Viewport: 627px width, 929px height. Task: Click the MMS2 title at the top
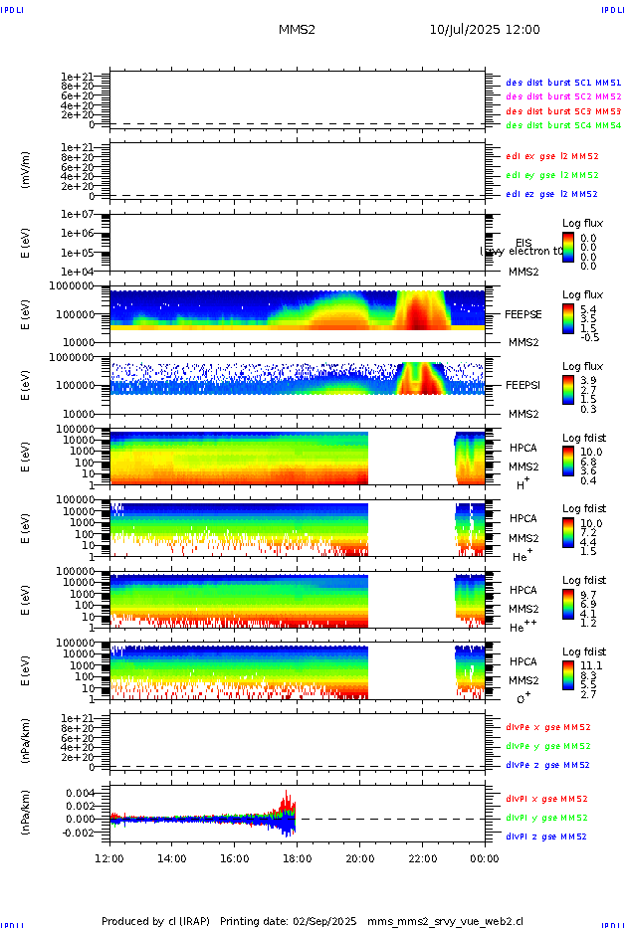[x=297, y=30]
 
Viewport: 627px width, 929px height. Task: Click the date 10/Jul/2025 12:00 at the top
[x=485, y=30]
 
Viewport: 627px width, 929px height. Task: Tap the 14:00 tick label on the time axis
[x=172, y=857]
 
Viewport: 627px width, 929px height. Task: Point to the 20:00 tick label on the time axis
[x=359, y=857]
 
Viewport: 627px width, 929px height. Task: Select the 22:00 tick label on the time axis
[x=422, y=857]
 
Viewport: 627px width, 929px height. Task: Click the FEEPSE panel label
[x=523, y=313]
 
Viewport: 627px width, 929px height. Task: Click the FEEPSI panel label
[x=523, y=384]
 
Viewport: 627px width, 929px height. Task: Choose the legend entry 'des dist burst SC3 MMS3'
[x=563, y=111]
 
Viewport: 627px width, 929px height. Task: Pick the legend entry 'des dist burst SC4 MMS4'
[x=563, y=126]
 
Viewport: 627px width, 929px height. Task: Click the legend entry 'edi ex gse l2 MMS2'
[x=552, y=156]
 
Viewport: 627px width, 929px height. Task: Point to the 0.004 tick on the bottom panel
[x=81, y=793]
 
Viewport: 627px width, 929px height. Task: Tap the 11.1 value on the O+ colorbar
[x=590, y=665]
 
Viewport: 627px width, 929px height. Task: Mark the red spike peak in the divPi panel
[x=287, y=792]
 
